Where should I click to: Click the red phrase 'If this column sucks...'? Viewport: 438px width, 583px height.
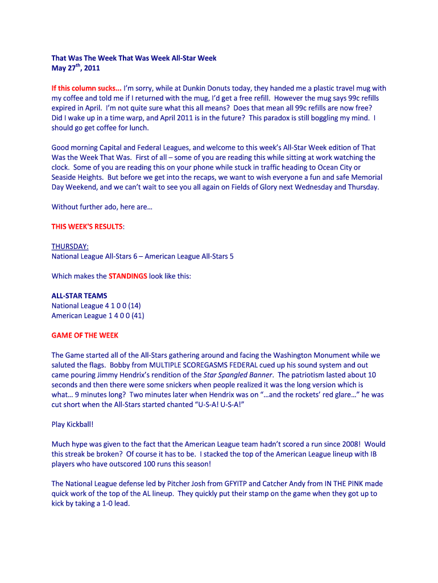click(86, 88)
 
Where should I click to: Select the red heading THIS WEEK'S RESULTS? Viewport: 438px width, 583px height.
click(87, 227)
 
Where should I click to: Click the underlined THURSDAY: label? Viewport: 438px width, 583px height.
click(70, 247)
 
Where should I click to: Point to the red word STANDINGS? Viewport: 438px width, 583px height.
click(127, 276)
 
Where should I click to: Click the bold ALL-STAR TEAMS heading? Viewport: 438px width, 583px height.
click(79, 296)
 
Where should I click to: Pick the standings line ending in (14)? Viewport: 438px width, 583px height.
click(96, 306)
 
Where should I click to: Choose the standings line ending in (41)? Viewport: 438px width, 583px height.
click(98, 315)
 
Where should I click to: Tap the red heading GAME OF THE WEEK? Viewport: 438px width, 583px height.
click(85, 335)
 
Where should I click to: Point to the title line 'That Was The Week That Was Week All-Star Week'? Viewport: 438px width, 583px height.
click(134, 58)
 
